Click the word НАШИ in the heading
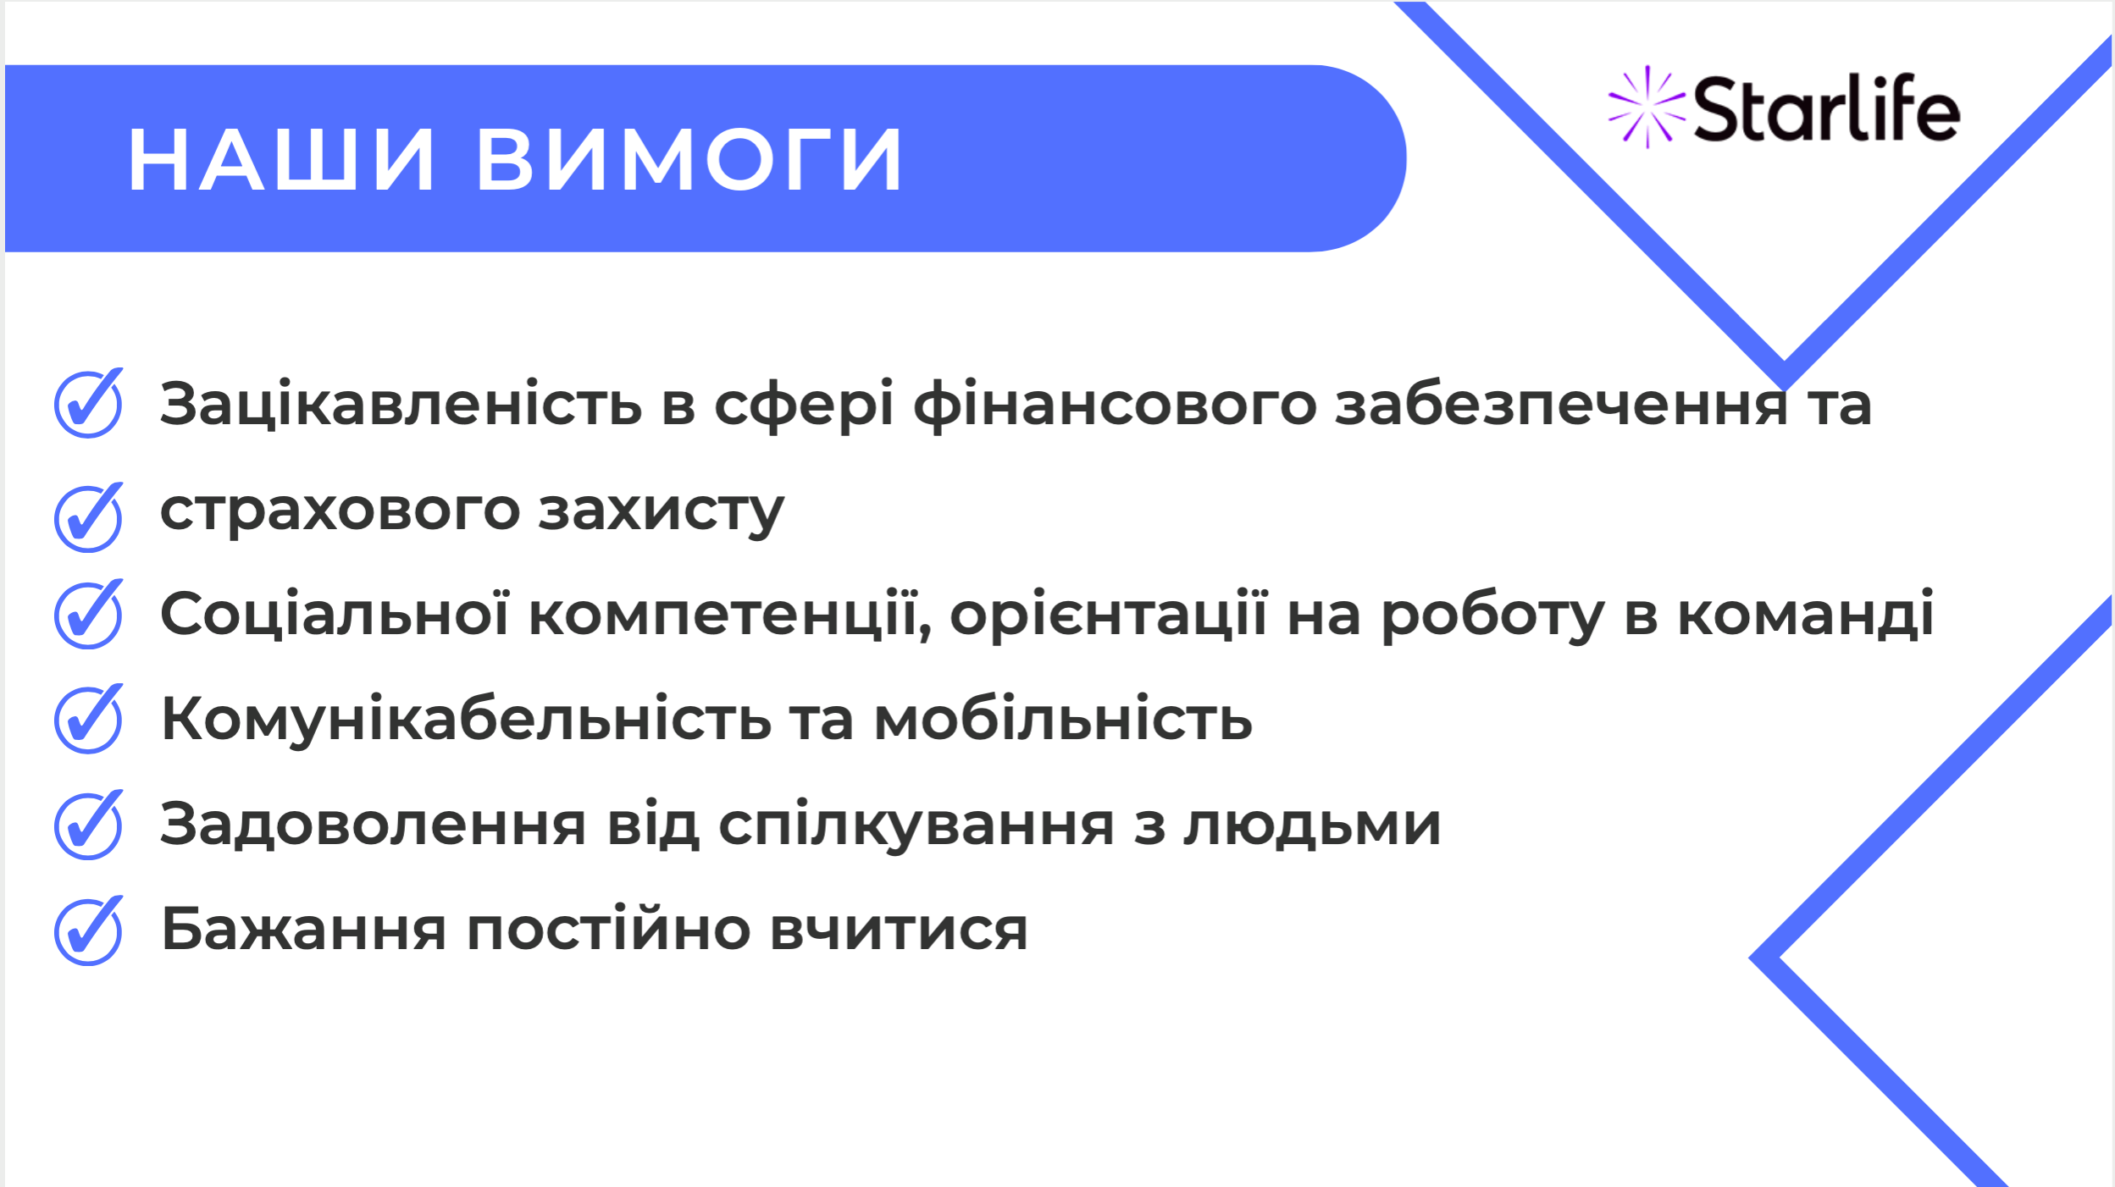281,159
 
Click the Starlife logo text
1826,108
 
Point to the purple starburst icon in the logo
1647,107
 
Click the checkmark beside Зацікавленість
88,403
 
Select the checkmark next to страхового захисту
88,517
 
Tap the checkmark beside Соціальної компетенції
88,614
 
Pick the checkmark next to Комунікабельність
88,718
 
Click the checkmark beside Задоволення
88,825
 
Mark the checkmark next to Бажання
88,930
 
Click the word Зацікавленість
401,403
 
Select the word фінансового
1115,406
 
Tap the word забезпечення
1562,404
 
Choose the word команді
1806,614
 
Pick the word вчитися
899,930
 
